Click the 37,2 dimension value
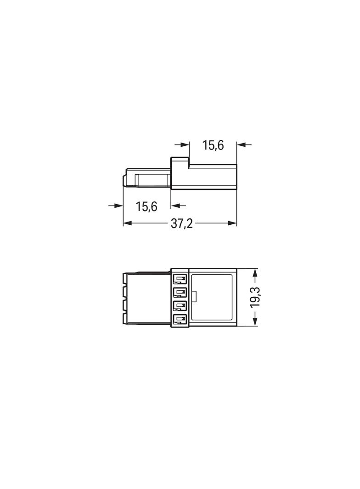click(182, 223)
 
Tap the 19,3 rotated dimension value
click(255, 297)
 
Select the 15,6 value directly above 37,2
click(146, 206)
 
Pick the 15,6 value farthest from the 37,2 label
click(213, 145)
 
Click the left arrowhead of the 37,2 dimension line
click(127, 223)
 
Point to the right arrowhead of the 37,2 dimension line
click(232, 223)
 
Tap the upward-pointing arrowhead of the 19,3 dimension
click(255, 273)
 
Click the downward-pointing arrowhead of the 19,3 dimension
click(255, 322)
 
